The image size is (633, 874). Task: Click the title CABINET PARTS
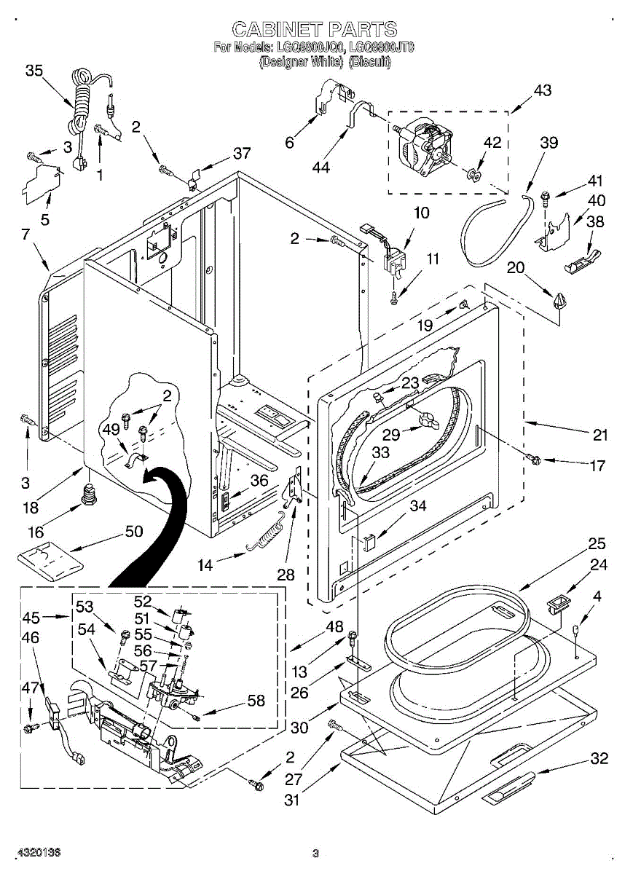click(x=315, y=29)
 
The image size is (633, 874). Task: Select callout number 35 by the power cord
click(x=34, y=71)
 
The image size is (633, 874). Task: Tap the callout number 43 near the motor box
click(x=542, y=91)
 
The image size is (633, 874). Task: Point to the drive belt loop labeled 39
click(x=484, y=233)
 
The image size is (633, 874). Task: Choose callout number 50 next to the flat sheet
click(x=133, y=531)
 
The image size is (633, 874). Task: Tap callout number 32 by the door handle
click(x=599, y=758)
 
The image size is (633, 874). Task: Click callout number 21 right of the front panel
click(x=599, y=436)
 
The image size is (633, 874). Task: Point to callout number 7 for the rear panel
click(x=25, y=235)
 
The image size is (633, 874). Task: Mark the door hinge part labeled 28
click(x=294, y=488)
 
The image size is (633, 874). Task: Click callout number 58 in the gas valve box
click(x=256, y=701)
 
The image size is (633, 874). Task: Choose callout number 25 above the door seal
click(x=597, y=543)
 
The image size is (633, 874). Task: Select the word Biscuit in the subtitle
click(x=370, y=62)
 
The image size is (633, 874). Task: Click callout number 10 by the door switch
click(x=422, y=213)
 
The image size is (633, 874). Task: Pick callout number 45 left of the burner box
click(x=30, y=618)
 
